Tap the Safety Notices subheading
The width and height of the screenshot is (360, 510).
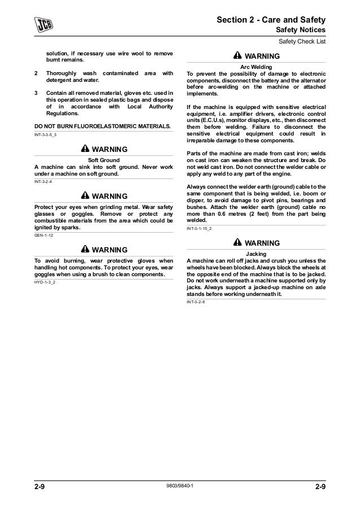coord(300,30)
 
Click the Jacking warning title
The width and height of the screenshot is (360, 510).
coord(257,253)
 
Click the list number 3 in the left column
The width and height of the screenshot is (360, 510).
coord(37,93)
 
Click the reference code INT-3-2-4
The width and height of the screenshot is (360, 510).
coord(45,181)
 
